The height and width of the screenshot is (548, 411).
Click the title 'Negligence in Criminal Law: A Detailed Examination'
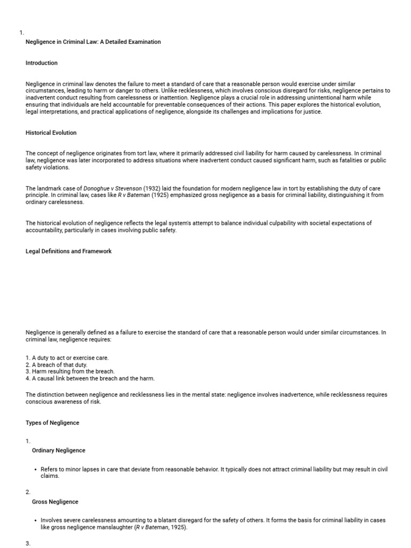tap(93, 42)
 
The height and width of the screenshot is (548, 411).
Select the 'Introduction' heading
tap(41, 63)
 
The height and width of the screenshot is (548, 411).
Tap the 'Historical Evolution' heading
tap(51, 133)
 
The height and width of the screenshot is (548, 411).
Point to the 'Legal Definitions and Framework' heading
tap(68, 251)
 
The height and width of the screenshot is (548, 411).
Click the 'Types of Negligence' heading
tap(52, 423)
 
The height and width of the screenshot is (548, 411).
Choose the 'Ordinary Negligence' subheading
tap(58, 451)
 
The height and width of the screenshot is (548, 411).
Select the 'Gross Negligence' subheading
tap(55, 502)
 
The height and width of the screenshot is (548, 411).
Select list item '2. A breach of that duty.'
tap(56, 364)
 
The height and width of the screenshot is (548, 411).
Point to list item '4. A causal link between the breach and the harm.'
tap(90, 378)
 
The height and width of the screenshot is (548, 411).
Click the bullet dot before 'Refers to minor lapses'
tap(35, 469)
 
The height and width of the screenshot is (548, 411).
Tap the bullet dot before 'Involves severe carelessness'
tap(35, 521)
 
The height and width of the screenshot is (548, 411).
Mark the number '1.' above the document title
tap(21, 33)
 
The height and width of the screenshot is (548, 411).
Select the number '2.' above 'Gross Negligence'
tap(28, 492)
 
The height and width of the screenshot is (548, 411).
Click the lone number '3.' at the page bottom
tap(28, 543)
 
